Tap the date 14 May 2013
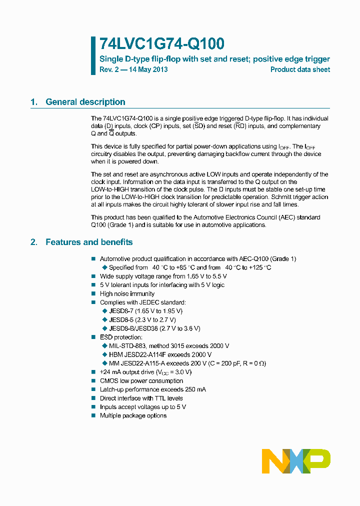click(x=148, y=69)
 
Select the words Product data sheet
click(x=300, y=69)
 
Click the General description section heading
click(x=85, y=102)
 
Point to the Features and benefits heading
click(x=89, y=242)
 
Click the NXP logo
click(x=296, y=461)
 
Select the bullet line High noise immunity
click(x=127, y=293)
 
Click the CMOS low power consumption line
click(x=141, y=381)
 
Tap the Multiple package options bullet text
click(x=133, y=416)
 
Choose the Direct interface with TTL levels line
click(x=141, y=398)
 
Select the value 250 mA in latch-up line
click(x=194, y=389)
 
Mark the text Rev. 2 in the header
click(x=109, y=69)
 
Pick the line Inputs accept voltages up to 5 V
click(x=143, y=407)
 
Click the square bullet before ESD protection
click(x=93, y=337)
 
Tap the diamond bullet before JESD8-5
click(x=104, y=320)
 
